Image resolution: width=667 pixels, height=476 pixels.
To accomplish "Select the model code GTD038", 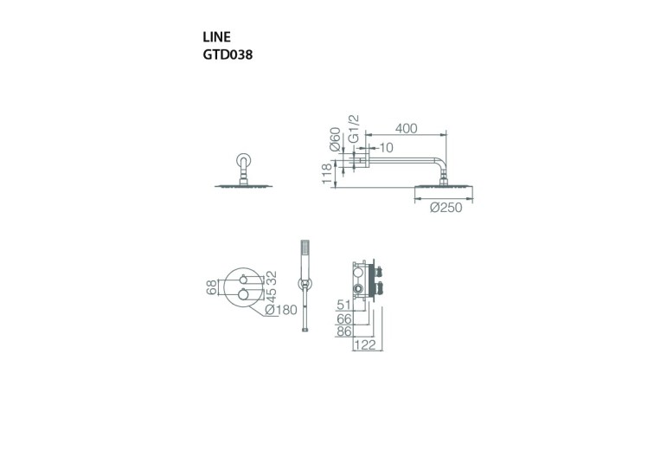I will click(x=227, y=54).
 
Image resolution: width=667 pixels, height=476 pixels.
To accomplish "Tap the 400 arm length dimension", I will click(x=405, y=128).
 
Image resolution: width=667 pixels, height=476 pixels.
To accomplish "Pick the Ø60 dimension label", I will click(x=335, y=138).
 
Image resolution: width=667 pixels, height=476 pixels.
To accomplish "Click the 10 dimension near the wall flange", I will click(x=385, y=148).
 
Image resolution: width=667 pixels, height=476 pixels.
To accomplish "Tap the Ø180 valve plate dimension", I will click(x=282, y=310).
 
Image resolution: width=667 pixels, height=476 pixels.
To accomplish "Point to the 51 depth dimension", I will click(x=343, y=306).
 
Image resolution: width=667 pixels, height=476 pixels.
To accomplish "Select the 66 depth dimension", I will click(x=344, y=319).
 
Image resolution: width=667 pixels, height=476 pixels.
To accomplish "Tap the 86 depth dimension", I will click(x=344, y=332).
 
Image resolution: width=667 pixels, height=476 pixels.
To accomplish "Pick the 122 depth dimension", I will click(x=365, y=346).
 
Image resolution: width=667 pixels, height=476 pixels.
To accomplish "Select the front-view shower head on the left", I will click(x=242, y=186).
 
